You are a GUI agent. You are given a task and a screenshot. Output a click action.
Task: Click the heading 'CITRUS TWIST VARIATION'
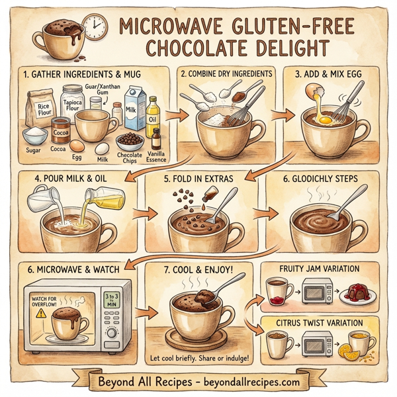pos(320,323)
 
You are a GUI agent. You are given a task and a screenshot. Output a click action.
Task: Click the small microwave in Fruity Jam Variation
pos(318,291)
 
